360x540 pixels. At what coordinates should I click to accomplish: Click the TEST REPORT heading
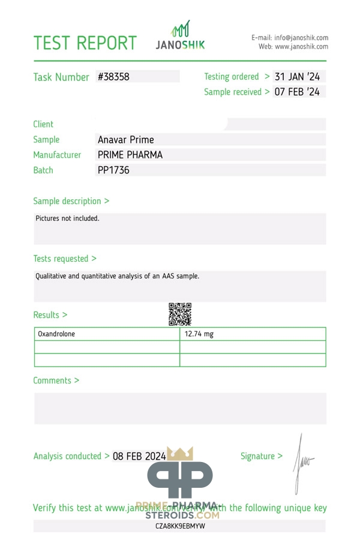tap(85, 43)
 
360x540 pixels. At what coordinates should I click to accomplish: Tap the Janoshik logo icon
tap(181, 29)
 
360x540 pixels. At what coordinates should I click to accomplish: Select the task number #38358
tap(113, 77)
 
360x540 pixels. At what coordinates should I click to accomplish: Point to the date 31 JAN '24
tap(297, 77)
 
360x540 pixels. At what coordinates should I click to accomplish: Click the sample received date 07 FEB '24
tap(297, 92)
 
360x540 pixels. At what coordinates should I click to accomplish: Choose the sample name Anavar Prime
tap(126, 140)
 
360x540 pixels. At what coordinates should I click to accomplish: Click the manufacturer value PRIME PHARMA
tap(130, 155)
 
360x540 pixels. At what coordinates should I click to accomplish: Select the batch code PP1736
tap(113, 170)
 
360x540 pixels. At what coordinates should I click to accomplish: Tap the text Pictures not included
tap(67, 218)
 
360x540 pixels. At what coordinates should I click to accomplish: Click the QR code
tap(180, 314)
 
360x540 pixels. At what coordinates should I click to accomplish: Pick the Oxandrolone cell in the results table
tap(56, 334)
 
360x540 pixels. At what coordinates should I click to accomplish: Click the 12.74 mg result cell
tap(199, 334)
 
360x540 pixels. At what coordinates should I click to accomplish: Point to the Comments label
tap(56, 380)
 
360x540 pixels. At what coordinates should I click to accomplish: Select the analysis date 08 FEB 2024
tap(139, 456)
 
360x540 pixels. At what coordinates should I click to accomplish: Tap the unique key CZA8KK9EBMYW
tap(180, 526)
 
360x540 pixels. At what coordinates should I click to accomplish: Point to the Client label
tap(43, 124)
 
